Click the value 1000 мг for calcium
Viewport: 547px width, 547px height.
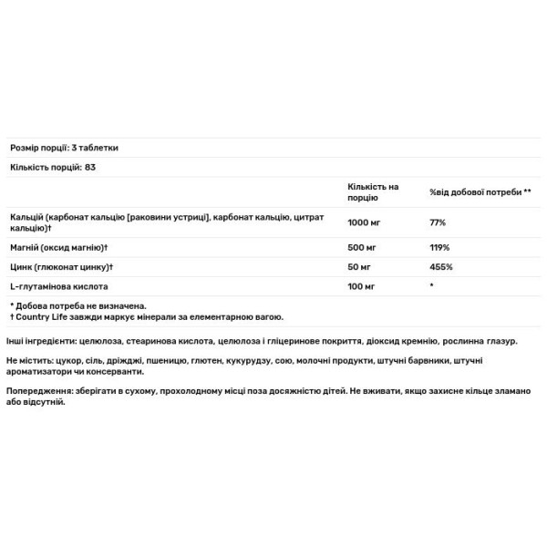point(364,222)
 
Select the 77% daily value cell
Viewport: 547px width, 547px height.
point(437,222)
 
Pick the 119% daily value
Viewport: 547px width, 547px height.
point(439,247)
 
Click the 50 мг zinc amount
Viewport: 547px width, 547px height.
point(359,266)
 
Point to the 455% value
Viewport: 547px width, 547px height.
point(440,266)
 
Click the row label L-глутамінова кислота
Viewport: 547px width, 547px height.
point(54,286)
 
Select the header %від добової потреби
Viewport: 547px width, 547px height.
point(480,192)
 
